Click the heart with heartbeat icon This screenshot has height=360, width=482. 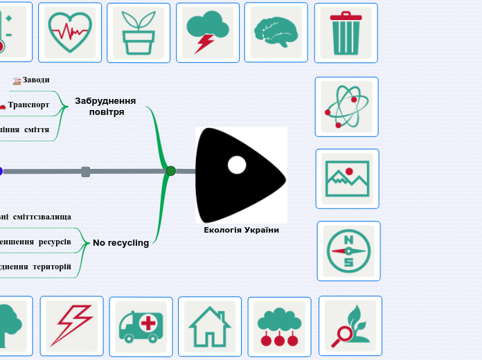pos(70,32)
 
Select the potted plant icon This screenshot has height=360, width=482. pos(139,33)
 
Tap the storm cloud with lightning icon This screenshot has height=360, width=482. pos(207,33)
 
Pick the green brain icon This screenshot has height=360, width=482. pos(276,32)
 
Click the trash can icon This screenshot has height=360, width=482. pos(346,33)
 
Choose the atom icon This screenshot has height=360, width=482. pos(346,107)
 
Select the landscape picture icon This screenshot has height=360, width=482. pos(347,179)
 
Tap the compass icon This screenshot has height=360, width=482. pos(348,251)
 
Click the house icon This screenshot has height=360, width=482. pos(210,327)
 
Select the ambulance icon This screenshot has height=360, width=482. pos(141,327)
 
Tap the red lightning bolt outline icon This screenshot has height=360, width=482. pos(71,326)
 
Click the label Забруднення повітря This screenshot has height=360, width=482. pos(106,106)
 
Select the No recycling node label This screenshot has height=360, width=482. pos(121,243)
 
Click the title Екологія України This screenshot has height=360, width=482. pos(241,230)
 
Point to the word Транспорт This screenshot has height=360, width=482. pos(28,105)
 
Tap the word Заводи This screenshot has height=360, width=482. pos(36,80)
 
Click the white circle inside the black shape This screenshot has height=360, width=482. pos(237,165)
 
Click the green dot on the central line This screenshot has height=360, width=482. pos(170,171)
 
